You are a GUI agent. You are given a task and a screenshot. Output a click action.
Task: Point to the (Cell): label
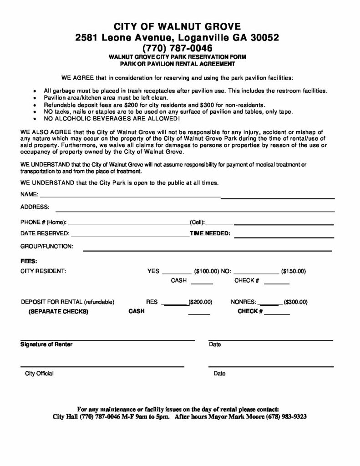coord(198,222)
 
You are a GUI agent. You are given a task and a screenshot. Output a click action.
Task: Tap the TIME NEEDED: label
coord(210,234)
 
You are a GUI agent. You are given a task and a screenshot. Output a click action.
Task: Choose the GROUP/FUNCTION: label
coord(47,246)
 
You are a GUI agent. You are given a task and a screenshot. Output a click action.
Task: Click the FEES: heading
coord(29,261)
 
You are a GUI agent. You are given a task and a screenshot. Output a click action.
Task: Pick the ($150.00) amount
coord(294,271)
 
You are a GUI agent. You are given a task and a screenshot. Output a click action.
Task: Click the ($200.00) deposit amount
coord(201,302)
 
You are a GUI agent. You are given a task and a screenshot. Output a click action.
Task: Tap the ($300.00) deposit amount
coord(296,302)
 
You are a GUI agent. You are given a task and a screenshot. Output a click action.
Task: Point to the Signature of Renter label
coord(46,344)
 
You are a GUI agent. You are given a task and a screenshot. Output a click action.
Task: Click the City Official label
coord(39,374)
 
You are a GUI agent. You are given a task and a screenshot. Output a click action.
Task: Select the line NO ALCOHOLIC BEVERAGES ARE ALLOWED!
coord(112,119)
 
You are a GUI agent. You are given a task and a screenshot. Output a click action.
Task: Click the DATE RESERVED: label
coord(45,234)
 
